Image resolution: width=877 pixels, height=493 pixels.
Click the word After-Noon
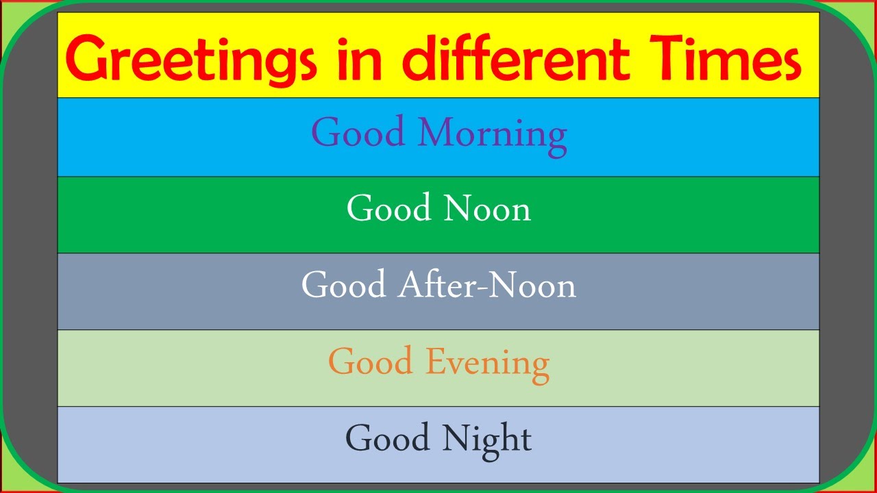click(x=486, y=285)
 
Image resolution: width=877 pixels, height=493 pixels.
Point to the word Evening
click(x=487, y=363)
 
